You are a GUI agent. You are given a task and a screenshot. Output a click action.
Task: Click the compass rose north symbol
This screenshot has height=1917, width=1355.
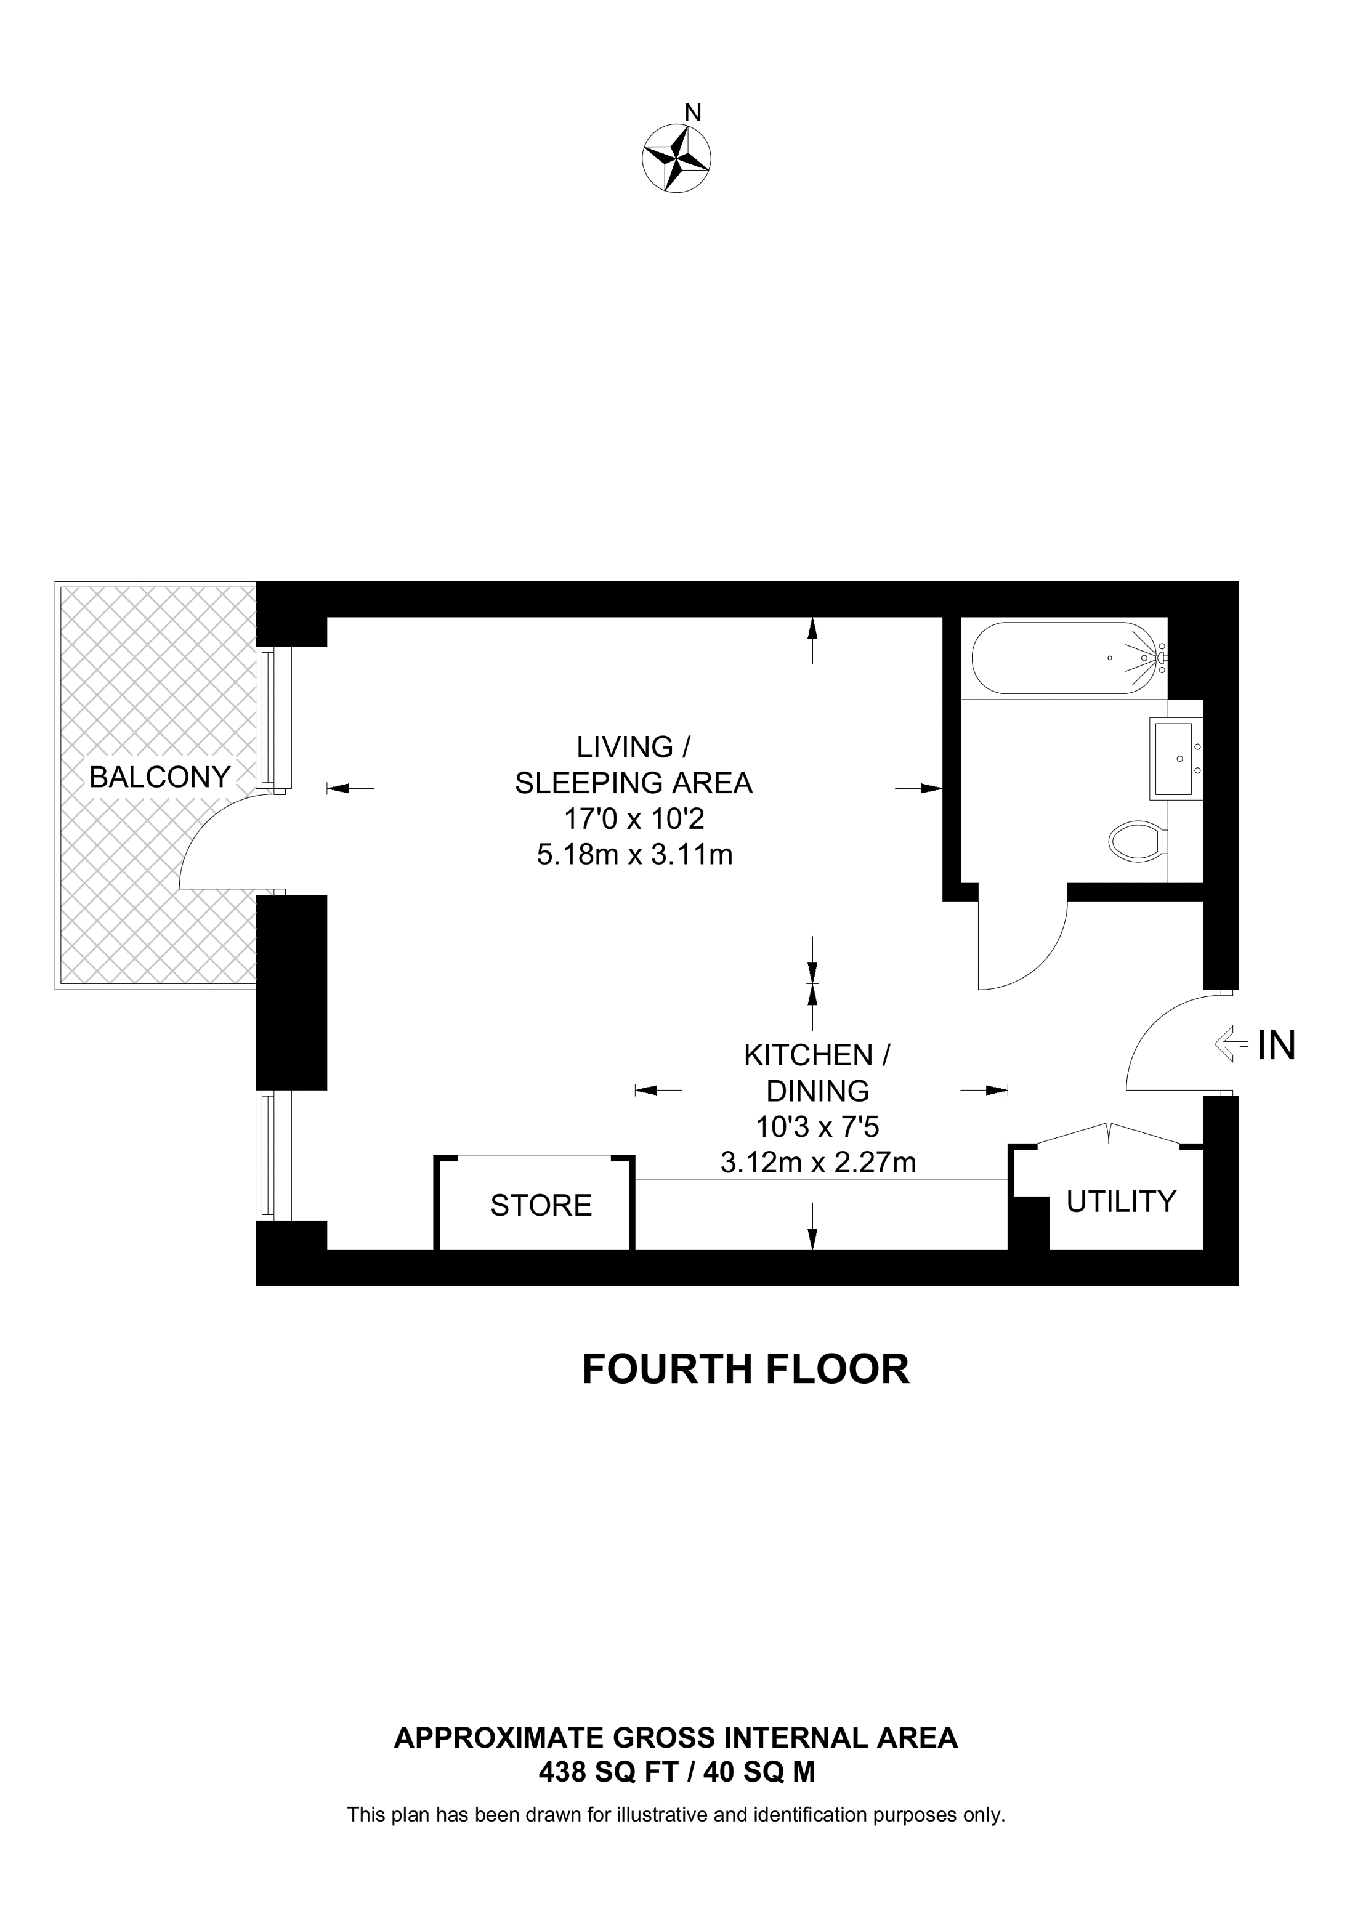click(676, 159)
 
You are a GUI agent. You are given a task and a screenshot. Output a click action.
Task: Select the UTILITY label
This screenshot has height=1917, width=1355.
click(1121, 1201)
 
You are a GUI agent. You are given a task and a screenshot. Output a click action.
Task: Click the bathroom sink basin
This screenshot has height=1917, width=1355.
click(1176, 758)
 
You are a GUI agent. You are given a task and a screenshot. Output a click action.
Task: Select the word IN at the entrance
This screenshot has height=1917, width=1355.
click(1277, 1046)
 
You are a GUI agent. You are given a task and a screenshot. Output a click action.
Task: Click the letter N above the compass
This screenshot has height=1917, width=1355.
click(693, 112)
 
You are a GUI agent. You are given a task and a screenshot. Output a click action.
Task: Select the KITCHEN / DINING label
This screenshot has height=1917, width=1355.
click(817, 1073)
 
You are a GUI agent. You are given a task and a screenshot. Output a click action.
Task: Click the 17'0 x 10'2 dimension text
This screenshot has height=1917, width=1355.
click(634, 819)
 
